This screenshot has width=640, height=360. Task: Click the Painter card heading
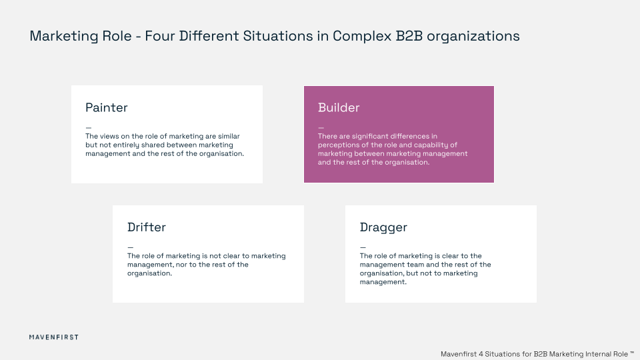(106, 107)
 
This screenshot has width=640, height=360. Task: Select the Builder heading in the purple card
(339, 107)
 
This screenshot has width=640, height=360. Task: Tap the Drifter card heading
(146, 227)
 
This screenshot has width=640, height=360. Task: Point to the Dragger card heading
(383, 227)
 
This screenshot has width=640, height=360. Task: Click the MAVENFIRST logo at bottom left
(54, 337)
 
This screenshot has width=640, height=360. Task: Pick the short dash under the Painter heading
(88, 127)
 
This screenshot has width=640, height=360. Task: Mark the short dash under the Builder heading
(321, 127)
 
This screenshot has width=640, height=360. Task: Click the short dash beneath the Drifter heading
(130, 247)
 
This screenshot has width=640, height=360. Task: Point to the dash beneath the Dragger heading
(363, 247)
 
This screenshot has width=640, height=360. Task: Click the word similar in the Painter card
(228, 136)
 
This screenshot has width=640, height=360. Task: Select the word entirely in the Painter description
(129, 145)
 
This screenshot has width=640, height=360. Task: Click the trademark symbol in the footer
(632, 352)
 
